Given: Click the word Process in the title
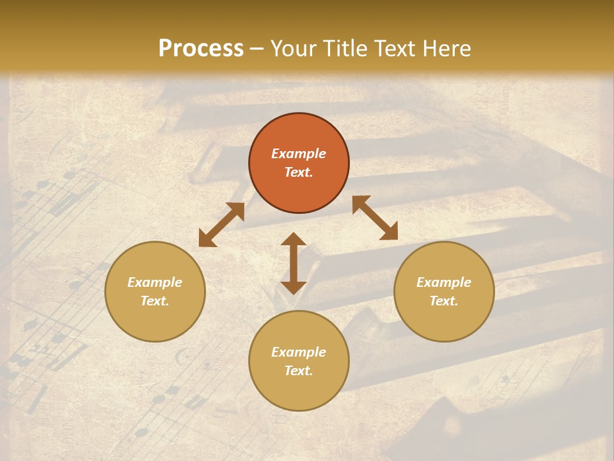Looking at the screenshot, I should click(201, 49).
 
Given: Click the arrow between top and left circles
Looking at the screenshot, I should click(221, 225).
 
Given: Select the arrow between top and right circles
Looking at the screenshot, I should click(375, 218).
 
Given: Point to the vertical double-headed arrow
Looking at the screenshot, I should click(294, 263).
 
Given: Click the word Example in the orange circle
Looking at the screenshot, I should click(299, 154).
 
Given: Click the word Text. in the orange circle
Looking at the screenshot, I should click(299, 172).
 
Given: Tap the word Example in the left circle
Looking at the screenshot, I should click(155, 282).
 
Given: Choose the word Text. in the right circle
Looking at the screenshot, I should click(444, 301).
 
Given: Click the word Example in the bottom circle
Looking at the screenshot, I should click(299, 352).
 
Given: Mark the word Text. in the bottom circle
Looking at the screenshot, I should click(299, 371).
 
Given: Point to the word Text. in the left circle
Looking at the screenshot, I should click(155, 301).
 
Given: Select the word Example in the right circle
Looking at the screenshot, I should click(444, 282).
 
